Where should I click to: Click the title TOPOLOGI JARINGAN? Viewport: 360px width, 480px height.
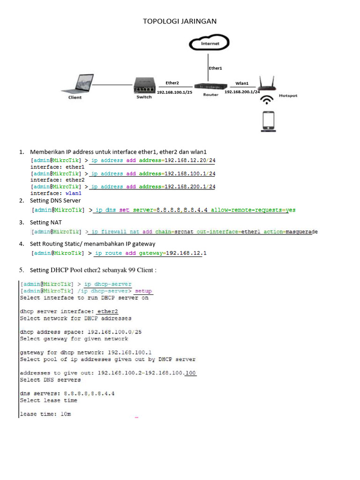pyautogui.click(x=180, y=21)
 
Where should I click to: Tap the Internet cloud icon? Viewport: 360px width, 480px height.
pyautogui.click(x=210, y=44)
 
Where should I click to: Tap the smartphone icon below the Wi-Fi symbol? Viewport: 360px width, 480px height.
pyautogui.click(x=268, y=121)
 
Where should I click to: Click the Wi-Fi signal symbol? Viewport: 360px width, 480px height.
pyautogui.click(x=268, y=100)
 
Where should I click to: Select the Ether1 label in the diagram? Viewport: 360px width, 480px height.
pyautogui.click(x=215, y=68)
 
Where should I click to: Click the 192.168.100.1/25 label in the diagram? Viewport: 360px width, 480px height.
pyautogui.click(x=174, y=92)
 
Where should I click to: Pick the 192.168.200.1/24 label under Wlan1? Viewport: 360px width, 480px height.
pyautogui.click(x=242, y=92)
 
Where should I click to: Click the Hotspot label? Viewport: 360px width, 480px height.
pyautogui.click(x=288, y=96)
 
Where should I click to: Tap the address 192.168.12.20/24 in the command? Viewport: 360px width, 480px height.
pyautogui.click(x=190, y=160)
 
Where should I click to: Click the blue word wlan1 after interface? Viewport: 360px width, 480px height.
pyautogui.click(x=73, y=193)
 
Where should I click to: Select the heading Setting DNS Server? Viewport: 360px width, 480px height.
pyautogui.click(x=55, y=201)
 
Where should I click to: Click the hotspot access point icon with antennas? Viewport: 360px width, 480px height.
pyautogui.click(x=267, y=85)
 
